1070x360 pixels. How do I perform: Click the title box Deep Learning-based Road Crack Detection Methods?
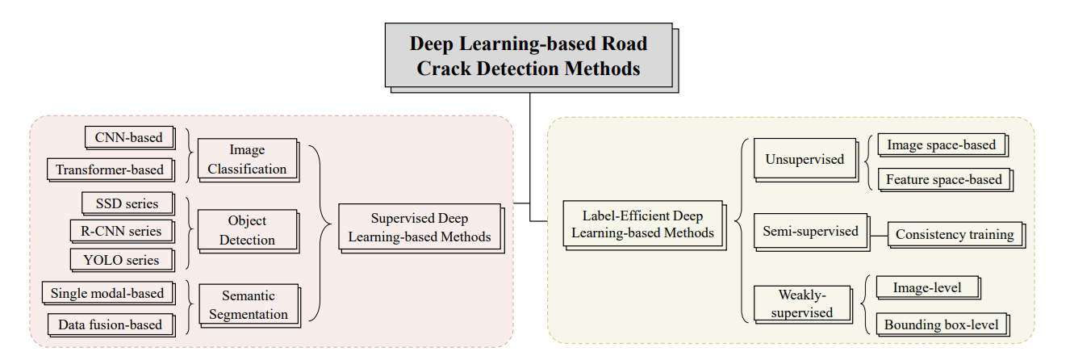pyautogui.click(x=529, y=55)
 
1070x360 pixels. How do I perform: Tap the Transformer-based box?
pyautogui.click(x=110, y=170)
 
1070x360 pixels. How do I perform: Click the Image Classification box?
pyautogui.click(x=247, y=159)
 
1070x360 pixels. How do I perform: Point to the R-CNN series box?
pyautogui.click(x=121, y=231)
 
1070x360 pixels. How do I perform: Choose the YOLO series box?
pyautogui.click(x=121, y=259)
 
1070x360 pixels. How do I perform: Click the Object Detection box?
pyautogui.click(x=247, y=230)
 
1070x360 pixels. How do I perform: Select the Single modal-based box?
pyautogui.click(x=107, y=293)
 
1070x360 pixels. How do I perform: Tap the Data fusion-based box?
pyautogui.click(x=110, y=324)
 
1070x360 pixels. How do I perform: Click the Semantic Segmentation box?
pyautogui.click(x=248, y=305)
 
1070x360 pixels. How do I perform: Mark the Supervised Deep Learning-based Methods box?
pyautogui.click(x=420, y=228)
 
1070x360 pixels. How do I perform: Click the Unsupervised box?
pyautogui.click(x=805, y=159)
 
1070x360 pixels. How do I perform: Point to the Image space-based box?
pyautogui.click(x=941, y=145)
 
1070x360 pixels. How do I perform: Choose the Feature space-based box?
pyautogui.click(x=943, y=179)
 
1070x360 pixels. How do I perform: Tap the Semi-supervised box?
pyautogui.click(x=810, y=232)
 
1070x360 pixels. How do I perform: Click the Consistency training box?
pyautogui.click(x=955, y=235)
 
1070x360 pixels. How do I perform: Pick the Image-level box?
pyautogui.click(x=927, y=287)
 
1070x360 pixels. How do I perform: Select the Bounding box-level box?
pyautogui.click(x=941, y=324)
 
